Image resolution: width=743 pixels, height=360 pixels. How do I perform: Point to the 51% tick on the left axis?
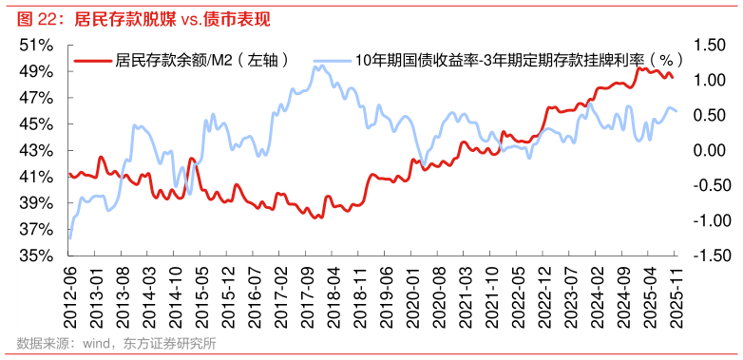click(35, 45)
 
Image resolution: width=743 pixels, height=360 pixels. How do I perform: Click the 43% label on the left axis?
click(35, 150)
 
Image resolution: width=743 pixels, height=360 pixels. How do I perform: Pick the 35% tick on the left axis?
click(35, 256)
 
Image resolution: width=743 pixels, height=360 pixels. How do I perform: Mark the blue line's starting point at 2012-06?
click(69, 239)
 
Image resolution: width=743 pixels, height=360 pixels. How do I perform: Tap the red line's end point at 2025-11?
click(674, 78)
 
